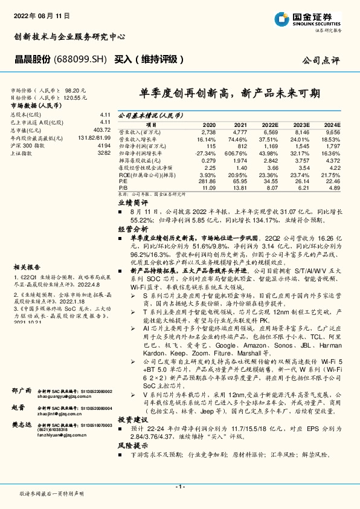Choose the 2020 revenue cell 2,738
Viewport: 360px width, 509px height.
pos(208,131)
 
